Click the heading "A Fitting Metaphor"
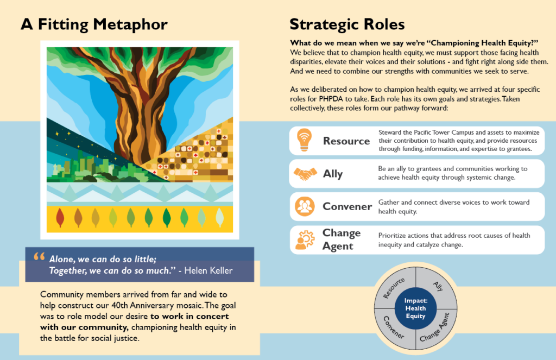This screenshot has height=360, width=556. click(94, 24)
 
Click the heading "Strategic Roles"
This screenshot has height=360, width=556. click(347, 24)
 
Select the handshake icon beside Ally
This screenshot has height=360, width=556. click(305, 174)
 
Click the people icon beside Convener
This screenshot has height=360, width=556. click(304, 206)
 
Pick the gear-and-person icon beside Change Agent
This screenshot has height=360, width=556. click(305, 239)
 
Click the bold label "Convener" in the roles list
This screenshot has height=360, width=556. click(347, 206)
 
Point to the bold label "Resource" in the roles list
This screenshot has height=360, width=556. click(346, 141)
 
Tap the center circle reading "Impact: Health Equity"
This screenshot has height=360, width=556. click(415, 308)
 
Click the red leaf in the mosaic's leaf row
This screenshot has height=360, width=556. click(60, 218)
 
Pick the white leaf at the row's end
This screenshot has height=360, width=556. click(219, 218)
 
